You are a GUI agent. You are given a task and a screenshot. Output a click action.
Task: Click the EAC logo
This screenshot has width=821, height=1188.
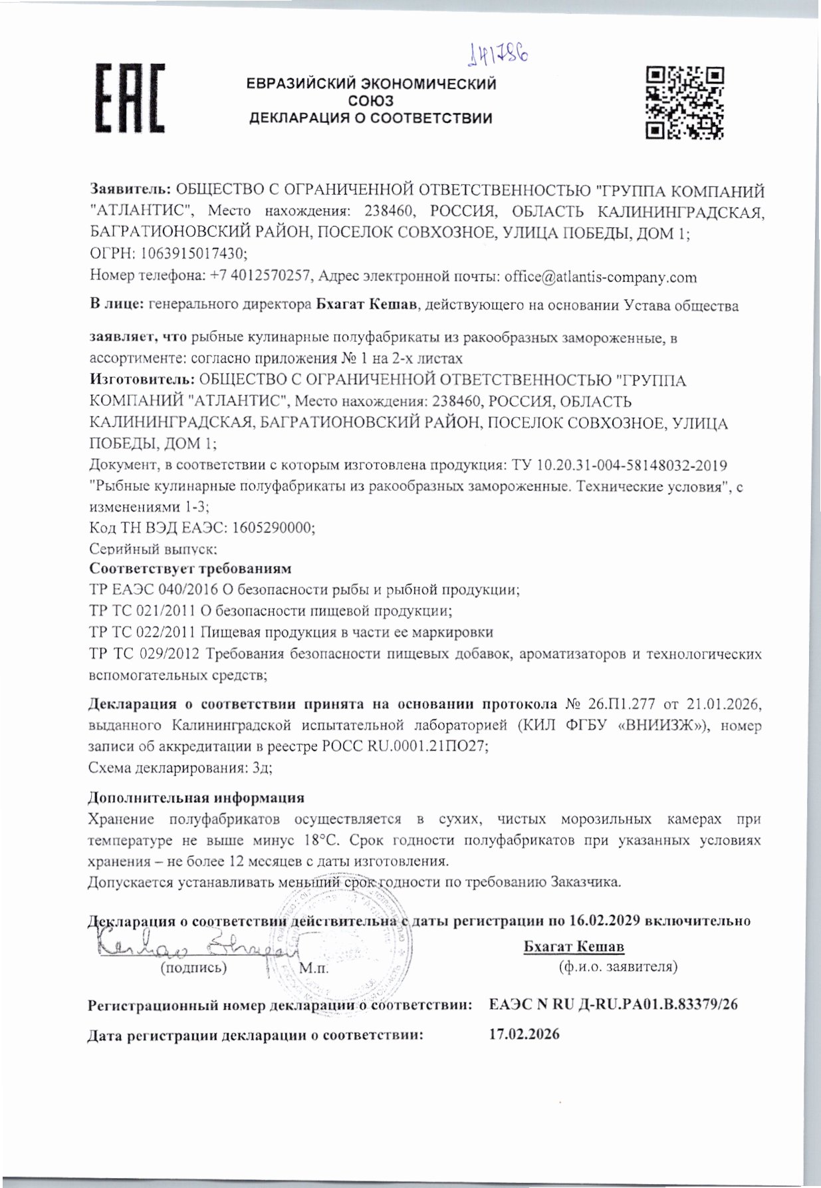point(132,98)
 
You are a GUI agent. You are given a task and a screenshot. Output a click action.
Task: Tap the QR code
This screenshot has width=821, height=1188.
point(685,102)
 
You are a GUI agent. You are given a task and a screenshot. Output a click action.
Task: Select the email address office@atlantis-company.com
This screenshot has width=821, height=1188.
point(600,277)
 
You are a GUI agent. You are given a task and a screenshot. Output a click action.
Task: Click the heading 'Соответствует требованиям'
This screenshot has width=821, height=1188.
point(190,569)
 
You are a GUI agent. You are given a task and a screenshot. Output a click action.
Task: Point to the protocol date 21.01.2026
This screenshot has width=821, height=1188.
point(721,704)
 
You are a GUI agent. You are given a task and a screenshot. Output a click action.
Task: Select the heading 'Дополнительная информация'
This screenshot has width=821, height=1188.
point(196,798)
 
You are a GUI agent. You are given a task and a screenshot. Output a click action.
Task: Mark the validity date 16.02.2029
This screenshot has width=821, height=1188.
point(605,921)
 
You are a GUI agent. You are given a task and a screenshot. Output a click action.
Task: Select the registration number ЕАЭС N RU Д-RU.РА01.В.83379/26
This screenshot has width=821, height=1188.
point(613,1005)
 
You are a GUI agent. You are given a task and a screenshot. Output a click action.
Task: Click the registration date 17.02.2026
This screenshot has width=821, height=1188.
point(524,1034)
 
